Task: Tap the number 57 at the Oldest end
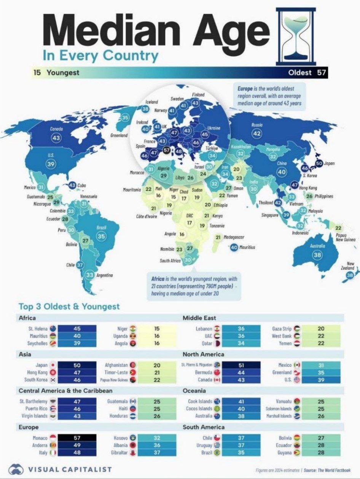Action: pyautogui.click(x=322, y=73)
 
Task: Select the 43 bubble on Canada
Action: pyautogui.click(x=56, y=137)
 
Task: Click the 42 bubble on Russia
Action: pyautogui.click(x=257, y=133)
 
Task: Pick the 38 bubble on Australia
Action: pyautogui.click(x=317, y=255)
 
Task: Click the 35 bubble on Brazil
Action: pyautogui.click(x=101, y=236)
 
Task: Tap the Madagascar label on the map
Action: pyautogui.click(x=234, y=237)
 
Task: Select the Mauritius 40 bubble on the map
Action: pyautogui.click(x=234, y=247)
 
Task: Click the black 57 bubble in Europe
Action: pyautogui.click(x=166, y=150)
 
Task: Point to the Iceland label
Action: pyautogui.click(x=152, y=102)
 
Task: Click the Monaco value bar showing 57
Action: pyautogui.click(x=77, y=438)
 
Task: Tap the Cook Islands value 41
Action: pyautogui.click(x=241, y=401)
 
